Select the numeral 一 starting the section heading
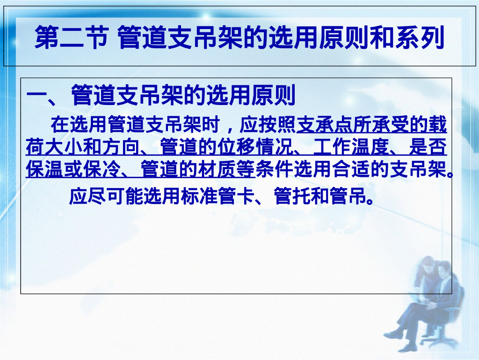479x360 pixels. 36,97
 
